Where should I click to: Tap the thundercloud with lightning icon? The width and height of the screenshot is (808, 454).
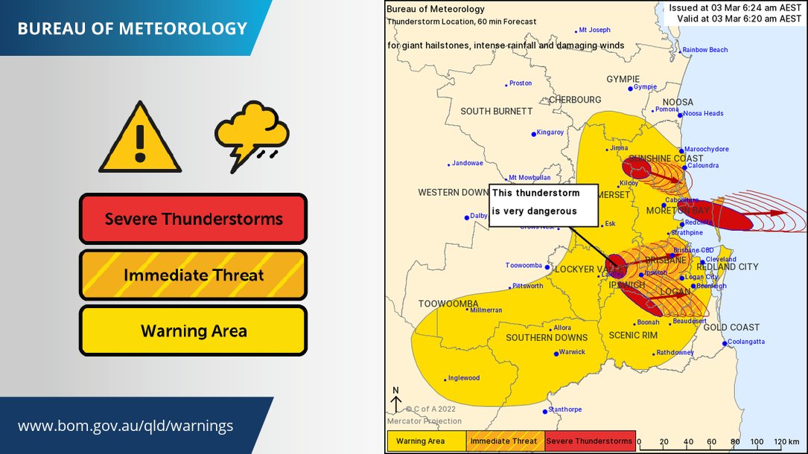[252, 136]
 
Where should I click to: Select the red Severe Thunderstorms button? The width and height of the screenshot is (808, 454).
[194, 219]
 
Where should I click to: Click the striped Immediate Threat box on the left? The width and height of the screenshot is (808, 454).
[194, 275]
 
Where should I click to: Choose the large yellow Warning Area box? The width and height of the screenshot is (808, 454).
[194, 330]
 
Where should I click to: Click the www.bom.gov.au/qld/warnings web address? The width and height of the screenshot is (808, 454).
[126, 426]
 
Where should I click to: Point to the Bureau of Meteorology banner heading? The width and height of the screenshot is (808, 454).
[133, 29]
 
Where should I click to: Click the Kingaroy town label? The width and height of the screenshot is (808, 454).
[550, 132]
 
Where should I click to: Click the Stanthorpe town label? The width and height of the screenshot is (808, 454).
[564, 410]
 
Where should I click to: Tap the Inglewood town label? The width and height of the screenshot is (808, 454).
[463, 378]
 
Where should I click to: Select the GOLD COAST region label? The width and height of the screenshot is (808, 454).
[732, 327]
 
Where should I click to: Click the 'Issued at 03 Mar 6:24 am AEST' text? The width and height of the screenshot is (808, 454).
[735, 7]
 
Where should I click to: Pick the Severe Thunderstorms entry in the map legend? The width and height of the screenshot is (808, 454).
[590, 441]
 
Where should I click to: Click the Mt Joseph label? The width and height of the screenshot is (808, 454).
[594, 30]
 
